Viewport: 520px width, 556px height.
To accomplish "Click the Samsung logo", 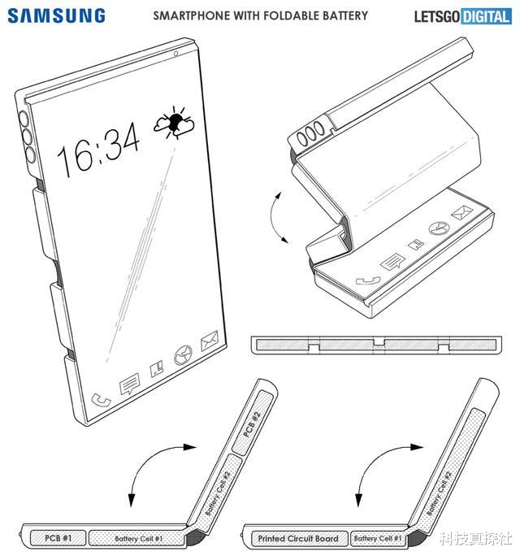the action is tap(56, 16).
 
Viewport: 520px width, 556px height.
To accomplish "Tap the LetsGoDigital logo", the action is tap(462, 16).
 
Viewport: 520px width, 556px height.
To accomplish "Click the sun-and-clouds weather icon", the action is tap(174, 123).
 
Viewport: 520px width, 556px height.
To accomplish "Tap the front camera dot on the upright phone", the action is tap(175, 54).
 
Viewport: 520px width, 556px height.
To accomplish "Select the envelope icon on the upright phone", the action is tap(209, 341).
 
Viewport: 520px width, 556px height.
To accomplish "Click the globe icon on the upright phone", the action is tap(183, 355).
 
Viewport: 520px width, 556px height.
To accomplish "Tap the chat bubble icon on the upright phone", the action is tap(129, 384).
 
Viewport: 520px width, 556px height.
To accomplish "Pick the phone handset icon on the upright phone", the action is tap(101, 400).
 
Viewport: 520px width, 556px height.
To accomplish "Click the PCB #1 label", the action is tap(58, 538).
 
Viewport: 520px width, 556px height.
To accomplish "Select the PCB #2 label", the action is tap(252, 424).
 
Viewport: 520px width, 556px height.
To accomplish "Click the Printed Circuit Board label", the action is tap(297, 538).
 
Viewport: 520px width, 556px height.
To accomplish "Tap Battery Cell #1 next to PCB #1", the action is tap(139, 538).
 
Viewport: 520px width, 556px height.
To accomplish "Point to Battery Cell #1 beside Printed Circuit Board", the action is tap(378, 538).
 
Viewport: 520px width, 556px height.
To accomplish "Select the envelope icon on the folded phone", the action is tap(461, 212).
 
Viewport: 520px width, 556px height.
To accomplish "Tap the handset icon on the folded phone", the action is tap(368, 280).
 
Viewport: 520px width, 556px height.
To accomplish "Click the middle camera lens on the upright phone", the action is tap(26, 136).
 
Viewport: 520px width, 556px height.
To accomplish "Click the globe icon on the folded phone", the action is tap(440, 228).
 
